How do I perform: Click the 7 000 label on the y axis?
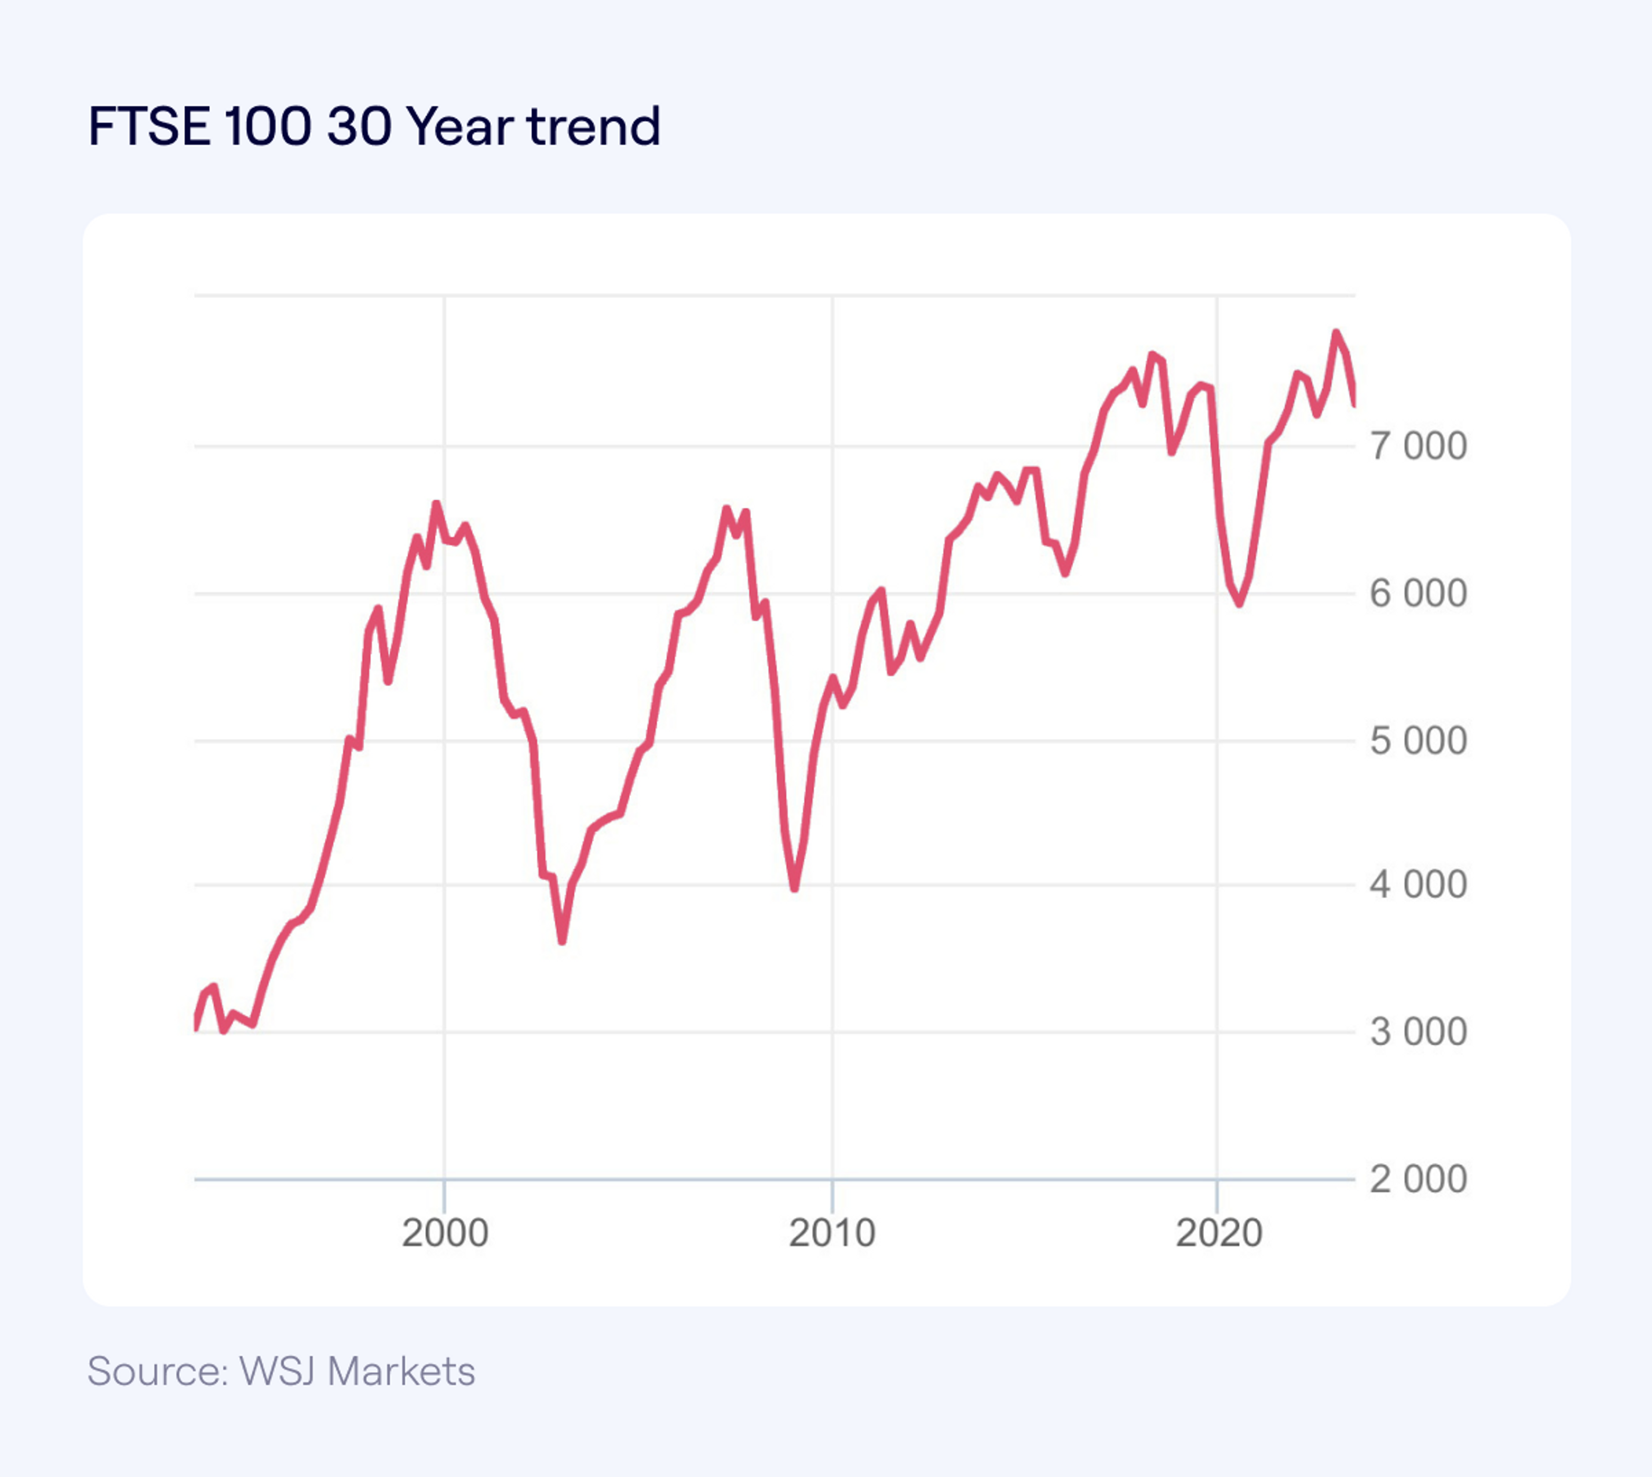(x=1418, y=446)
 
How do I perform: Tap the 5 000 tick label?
(x=1418, y=741)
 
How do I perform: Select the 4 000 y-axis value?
(x=1418, y=885)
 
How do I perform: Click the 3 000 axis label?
(x=1418, y=1032)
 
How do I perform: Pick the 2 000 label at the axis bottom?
(x=1418, y=1179)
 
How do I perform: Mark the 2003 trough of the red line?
(x=562, y=942)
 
